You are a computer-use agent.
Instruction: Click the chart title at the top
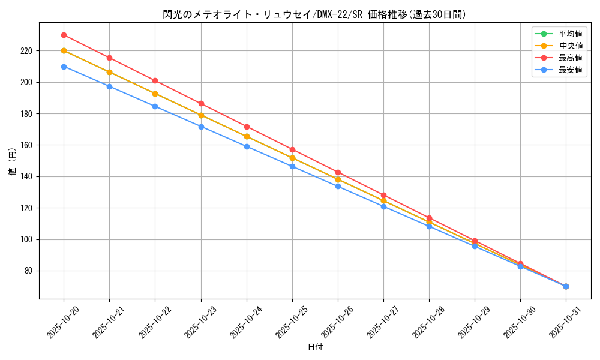click(x=314, y=14)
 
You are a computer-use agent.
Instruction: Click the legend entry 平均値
click(x=571, y=34)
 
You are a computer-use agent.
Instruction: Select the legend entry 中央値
click(x=571, y=46)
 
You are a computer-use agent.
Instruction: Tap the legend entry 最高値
click(x=571, y=58)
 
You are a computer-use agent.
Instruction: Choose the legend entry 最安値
click(x=571, y=70)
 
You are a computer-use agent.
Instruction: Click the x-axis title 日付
click(x=315, y=347)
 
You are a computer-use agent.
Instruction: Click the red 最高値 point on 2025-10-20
click(x=64, y=35)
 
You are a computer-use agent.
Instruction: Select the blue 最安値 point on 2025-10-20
click(x=64, y=67)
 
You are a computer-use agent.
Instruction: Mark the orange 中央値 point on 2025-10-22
click(x=155, y=94)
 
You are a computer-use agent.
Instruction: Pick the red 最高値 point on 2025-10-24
click(x=247, y=127)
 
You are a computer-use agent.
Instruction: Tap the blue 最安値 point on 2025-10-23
click(x=201, y=127)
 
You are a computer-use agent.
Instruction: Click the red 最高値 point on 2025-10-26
click(x=338, y=172)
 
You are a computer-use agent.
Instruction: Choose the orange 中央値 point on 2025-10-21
click(x=109, y=72)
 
